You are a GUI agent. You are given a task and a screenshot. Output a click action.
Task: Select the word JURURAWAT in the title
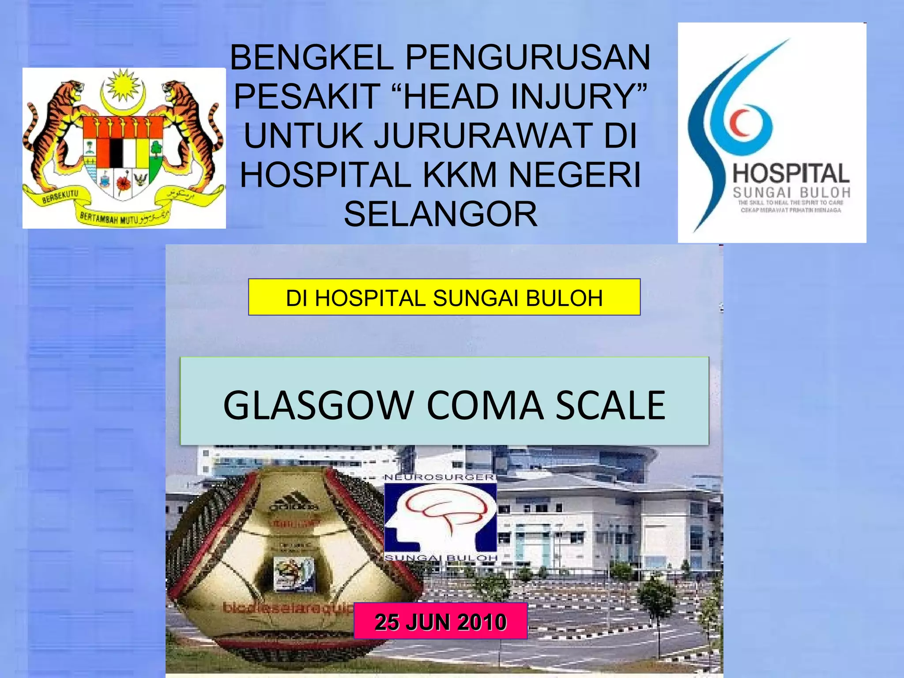click(484, 136)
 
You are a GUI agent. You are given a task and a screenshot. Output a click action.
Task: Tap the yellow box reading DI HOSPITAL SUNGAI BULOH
click(444, 298)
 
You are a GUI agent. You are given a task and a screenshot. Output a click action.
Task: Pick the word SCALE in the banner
click(610, 405)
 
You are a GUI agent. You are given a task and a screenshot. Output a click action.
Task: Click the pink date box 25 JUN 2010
click(441, 621)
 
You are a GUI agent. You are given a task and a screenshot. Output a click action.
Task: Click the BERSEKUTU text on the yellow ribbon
click(60, 197)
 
